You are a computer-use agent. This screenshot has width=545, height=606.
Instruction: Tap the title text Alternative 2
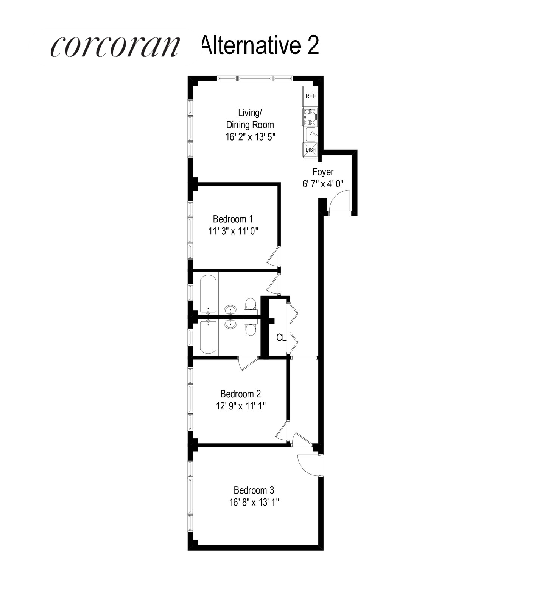[261, 45]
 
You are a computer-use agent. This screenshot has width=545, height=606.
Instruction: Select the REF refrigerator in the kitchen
[311, 96]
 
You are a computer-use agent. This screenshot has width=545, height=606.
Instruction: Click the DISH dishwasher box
[310, 150]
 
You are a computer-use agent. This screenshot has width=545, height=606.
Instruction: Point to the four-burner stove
[310, 117]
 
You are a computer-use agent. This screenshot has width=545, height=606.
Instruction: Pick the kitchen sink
[311, 134]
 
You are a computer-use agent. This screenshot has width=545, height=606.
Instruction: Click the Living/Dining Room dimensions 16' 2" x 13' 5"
[250, 137]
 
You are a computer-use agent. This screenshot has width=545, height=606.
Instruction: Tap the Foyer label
[323, 172]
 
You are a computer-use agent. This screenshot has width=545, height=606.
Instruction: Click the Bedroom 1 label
[233, 219]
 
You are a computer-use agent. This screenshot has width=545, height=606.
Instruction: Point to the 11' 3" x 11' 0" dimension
[233, 231]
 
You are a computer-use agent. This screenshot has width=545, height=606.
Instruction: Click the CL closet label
[281, 337]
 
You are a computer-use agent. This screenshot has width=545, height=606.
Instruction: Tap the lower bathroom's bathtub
[208, 337]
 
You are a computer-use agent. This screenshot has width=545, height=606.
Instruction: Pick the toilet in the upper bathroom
[250, 305]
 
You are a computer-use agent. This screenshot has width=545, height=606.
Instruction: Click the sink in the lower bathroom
[230, 324]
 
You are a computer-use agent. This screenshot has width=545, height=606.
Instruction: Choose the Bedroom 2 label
[240, 394]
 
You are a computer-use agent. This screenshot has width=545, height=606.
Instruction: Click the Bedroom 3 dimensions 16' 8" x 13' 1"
[254, 502]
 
